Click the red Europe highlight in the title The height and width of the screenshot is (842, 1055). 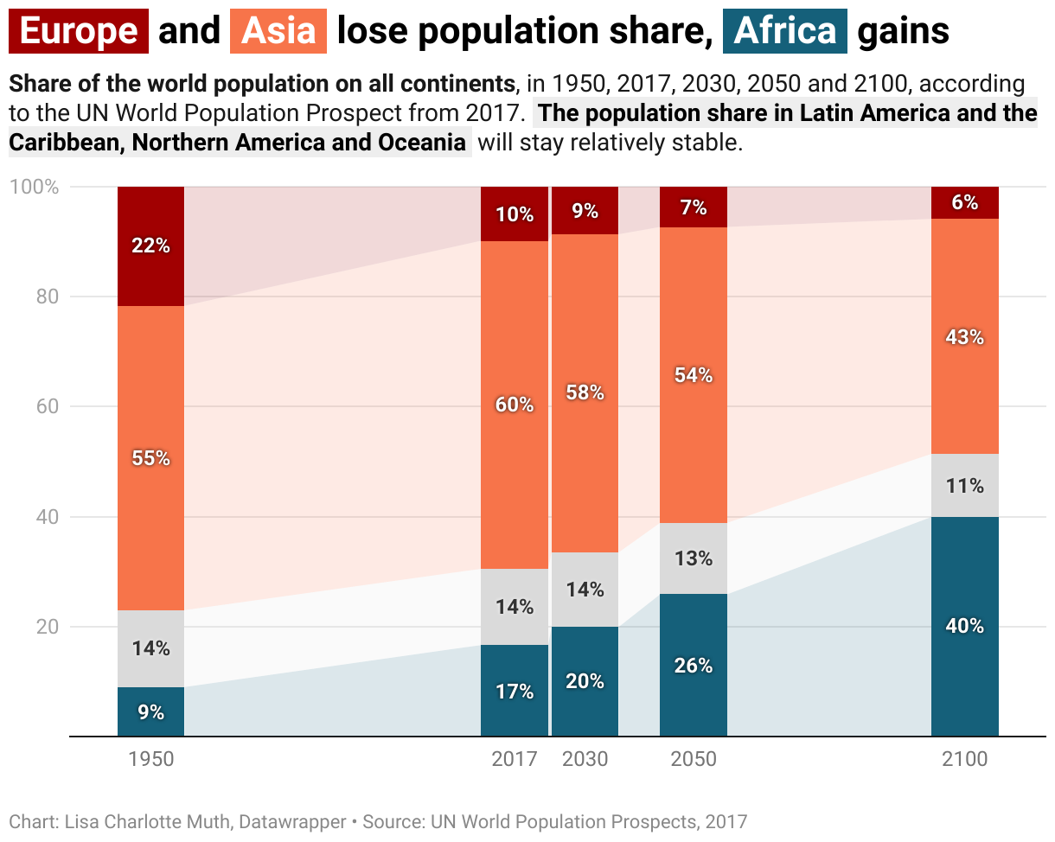(x=79, y=32)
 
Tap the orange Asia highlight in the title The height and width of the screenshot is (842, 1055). (x=278, y=32)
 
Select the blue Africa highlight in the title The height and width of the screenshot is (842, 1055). (x=785, y=32)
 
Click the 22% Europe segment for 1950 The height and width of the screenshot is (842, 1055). (x=151, y=246)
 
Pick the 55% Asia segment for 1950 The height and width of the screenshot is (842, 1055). (x=151, y=458)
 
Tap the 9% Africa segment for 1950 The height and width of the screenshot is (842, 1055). (x=151, y=712)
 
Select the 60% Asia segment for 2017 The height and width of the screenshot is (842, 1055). (x=515, y=405)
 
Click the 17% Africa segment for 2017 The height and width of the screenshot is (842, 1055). (x=515, y=691)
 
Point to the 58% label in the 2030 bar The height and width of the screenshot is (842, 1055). (x=585, y=392)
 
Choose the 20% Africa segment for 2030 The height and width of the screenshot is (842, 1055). (x=585, y=681)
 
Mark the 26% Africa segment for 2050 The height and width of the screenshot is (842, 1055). (x=694, y=665)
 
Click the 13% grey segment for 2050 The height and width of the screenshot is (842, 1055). (x=694, y=558)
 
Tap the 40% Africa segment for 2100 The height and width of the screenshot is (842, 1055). (x=965, y=626)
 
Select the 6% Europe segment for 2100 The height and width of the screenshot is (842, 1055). (x=965, y=202)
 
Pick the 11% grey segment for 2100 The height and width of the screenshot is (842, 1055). (x=965, y=486)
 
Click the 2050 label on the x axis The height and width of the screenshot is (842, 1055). (x=694, y=759)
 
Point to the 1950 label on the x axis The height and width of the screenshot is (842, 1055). (x=151, y=759)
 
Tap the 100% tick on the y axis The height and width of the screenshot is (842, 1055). (x=34, y=187)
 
